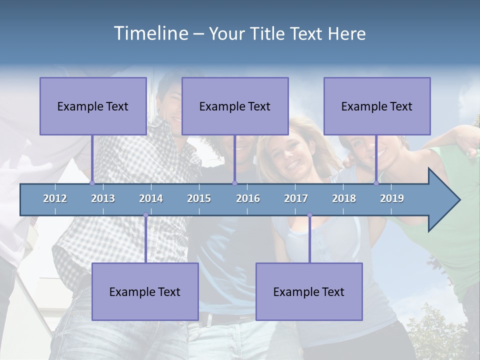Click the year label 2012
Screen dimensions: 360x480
[55, 198]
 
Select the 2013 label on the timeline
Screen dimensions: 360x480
[103, 198]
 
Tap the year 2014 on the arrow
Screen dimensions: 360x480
[151, 198]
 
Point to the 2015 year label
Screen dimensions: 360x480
[199, 198]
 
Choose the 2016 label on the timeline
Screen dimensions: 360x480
[248, 198]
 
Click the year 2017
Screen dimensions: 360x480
[296, 198]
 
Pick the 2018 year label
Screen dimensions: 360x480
[344, 198]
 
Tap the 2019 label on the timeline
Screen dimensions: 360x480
[392, 198]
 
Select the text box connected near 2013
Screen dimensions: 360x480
[93, 106]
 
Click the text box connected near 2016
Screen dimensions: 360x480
[235, 106]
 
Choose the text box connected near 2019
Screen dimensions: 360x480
[377, 106]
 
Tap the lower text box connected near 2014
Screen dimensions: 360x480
[145, 291]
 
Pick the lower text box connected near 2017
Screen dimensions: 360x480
[309, 291]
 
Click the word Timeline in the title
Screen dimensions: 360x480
[150, 33]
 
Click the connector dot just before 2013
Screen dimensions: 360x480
[92, 183]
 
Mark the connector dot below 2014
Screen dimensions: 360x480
[145, 215]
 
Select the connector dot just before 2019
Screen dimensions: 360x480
[376, 183]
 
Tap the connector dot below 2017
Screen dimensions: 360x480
[309, 215]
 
